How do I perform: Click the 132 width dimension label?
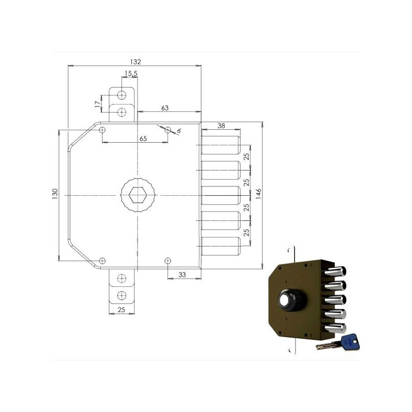click(135, 62)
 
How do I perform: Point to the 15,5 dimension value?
click(131, 74)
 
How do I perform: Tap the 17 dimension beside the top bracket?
click(98, 104)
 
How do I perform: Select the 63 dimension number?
click(165, 108)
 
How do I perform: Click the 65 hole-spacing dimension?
click(143, 139)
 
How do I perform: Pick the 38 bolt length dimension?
click(221, 126)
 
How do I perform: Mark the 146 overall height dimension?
click(259, 194)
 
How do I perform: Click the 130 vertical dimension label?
click(55, 194)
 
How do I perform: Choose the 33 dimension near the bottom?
click(182, 274)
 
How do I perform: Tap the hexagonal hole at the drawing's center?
click(138, 195)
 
